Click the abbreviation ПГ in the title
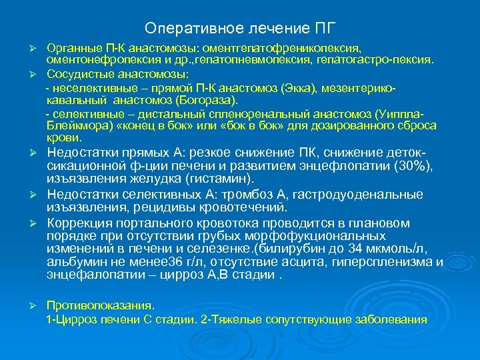(324, 29)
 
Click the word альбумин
(71, 261)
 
